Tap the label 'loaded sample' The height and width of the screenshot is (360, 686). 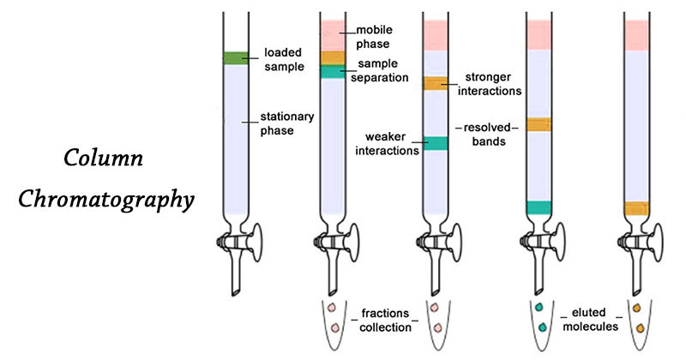(x=284, y=58)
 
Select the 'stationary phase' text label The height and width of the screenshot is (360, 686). (x=287, y=123)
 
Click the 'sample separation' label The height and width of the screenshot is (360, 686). (x=382, y=70)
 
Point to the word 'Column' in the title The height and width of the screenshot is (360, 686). (x=103, y=159)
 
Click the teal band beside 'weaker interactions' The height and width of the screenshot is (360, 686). (x=436, y=144)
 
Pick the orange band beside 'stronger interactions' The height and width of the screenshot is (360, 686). (x=436, y=83)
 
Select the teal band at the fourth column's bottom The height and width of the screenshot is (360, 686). (x=539, y=207)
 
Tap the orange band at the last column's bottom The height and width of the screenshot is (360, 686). (x=637, y=207)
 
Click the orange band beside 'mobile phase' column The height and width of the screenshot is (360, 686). (x=332, y=57)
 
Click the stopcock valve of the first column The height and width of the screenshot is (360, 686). (x=232, y=243)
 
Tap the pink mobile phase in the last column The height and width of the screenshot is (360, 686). (x=637, y=34)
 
